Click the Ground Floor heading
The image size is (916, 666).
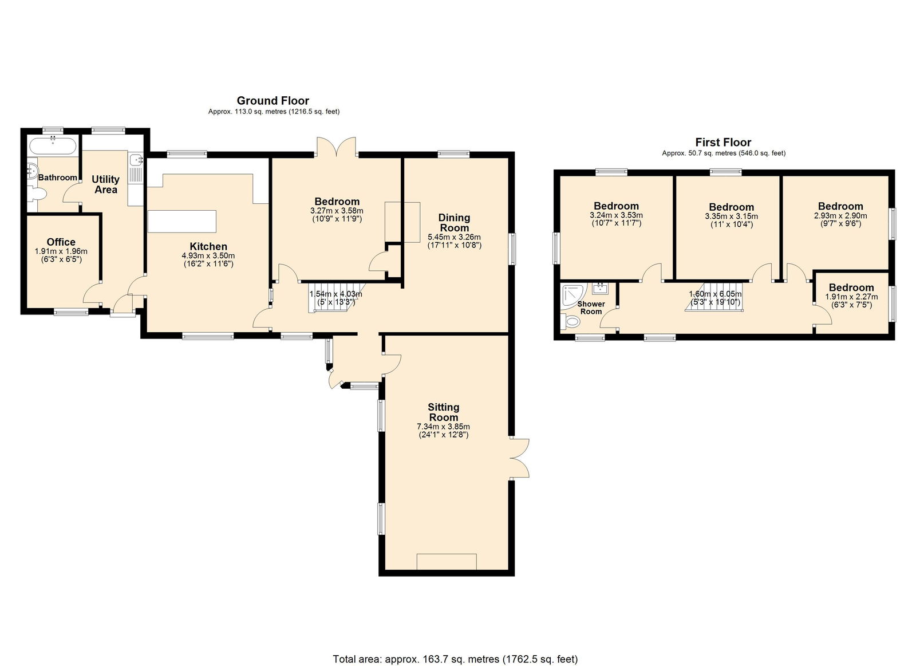[273, 101]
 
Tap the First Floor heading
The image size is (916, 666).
[724, 143]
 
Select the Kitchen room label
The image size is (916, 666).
[208, 246]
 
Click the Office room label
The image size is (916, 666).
[61, 242]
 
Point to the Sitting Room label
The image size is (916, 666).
[444, 412]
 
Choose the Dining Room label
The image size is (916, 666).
[455, 223]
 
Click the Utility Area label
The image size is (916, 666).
[105, 184]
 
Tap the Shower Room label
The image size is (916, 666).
[591, 308]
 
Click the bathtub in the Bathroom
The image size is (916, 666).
[53, 146]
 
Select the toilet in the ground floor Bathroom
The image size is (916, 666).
[38, 194]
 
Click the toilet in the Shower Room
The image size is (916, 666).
[570, 322]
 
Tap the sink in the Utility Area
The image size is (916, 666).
[135, 159]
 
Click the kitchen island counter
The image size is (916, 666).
[182, 221]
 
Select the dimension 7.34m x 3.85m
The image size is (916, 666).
[444, 426]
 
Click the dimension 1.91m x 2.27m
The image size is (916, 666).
[851, 297]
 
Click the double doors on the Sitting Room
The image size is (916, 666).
[519, 458]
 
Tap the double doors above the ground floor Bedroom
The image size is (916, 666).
[337, 147]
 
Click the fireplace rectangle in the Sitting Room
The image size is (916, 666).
[447, 562]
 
